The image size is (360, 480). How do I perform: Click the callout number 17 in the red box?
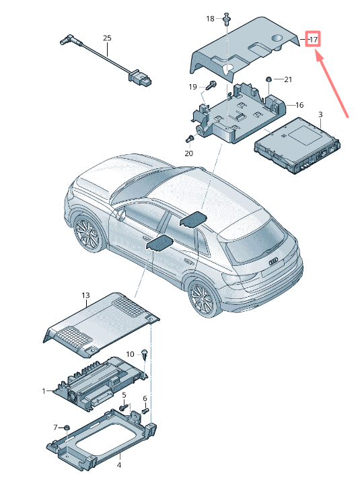314,39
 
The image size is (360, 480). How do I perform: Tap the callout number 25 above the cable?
107,38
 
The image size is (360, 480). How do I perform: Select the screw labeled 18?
226,20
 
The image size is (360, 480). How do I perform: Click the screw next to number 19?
211,85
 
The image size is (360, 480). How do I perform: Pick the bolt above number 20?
190,139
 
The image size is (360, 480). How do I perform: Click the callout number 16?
299,105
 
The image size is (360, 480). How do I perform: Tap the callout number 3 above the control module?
320,114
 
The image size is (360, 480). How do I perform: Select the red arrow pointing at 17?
332,84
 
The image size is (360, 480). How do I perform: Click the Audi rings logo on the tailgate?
273,261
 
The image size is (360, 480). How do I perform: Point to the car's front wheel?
88,235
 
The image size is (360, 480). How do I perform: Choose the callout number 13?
85,295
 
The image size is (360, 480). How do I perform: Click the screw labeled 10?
145,355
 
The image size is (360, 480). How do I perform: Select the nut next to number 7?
67,427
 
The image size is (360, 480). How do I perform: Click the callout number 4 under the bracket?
119,465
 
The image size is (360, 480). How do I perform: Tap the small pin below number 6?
145,409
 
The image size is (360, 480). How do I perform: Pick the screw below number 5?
124,407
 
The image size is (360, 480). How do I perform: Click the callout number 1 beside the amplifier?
44,391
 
